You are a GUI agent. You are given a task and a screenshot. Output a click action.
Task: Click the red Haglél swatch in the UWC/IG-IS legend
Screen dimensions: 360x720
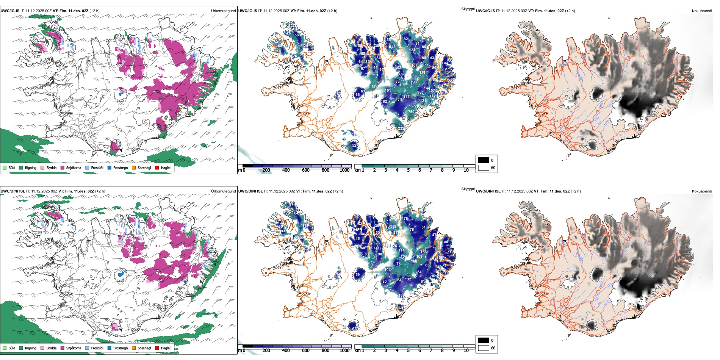[x=157, y=167]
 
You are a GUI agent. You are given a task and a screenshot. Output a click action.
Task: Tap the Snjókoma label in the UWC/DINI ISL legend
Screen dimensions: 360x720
[x=74, y=348]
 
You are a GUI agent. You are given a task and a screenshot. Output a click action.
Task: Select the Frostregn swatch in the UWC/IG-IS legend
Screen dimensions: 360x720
[x=110, y=167]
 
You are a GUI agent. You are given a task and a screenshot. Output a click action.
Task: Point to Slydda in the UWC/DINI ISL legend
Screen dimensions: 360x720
[x=51, y=348]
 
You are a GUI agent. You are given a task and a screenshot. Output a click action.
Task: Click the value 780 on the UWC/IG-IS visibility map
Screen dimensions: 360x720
[x=411, y=112]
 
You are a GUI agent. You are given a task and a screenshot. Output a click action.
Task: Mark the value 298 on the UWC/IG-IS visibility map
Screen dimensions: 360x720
[x=432, y=104]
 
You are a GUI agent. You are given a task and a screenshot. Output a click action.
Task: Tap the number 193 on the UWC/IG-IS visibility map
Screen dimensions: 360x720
[x=413, y=82]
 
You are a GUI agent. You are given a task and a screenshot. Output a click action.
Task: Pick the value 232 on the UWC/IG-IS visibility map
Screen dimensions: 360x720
[x=401, y=128]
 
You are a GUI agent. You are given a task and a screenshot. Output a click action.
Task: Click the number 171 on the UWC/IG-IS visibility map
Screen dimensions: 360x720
[x=406, y=97]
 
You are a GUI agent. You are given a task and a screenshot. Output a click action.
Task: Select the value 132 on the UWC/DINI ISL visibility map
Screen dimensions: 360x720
[x=408, y=279]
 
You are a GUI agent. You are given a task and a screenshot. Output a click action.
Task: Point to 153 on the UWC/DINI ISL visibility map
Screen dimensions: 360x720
[x=423, y=252]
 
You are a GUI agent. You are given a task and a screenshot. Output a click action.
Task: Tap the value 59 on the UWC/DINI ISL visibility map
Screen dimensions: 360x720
[x=358, y=275]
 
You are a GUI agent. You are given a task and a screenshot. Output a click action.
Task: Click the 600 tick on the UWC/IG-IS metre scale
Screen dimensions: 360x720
[x=306, y=170]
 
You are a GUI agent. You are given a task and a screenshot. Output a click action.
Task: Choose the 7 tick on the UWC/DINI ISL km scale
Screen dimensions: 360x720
[x=431, y=351]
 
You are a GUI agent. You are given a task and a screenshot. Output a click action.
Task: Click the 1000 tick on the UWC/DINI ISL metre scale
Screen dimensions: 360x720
[x=344, y=351]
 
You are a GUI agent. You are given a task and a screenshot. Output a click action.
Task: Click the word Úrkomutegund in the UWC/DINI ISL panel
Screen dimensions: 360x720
[x=223, y=191]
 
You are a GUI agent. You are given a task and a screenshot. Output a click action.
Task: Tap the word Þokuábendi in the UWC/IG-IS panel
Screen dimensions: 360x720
[x=702, y=11]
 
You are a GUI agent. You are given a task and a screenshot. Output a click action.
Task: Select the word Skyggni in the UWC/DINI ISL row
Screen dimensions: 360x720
[x=468, y=189]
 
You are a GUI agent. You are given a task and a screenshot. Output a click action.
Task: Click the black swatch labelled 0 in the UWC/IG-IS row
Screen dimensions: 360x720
[x=484, y=160]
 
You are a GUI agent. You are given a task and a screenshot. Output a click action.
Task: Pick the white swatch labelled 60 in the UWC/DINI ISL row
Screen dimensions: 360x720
[x=484, y=348]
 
